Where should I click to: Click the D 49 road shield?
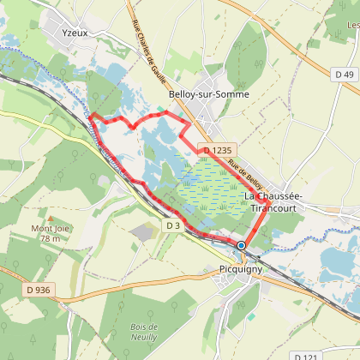(345, 75)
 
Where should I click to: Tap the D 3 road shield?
(173, 225)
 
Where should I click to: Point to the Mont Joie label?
(50, 228)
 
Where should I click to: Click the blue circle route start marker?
(241, 245)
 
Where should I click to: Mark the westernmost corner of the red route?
(92, 115)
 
